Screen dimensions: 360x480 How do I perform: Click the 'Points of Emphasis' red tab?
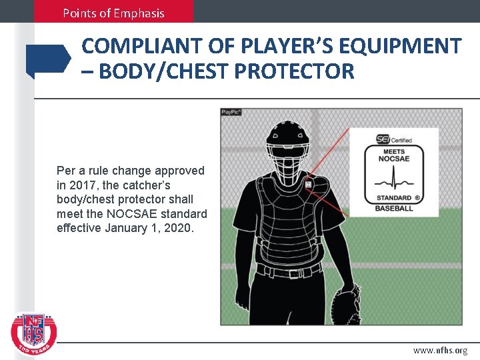pos(113,12)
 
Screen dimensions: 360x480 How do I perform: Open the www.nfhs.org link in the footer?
pos(440,350)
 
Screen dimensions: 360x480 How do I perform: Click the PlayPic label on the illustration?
pos(231,112)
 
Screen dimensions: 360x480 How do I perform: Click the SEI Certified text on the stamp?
pos(394,140)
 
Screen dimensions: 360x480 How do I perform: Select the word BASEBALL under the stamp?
pos(394,209)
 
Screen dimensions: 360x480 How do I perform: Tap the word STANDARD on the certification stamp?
pos(393,198)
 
